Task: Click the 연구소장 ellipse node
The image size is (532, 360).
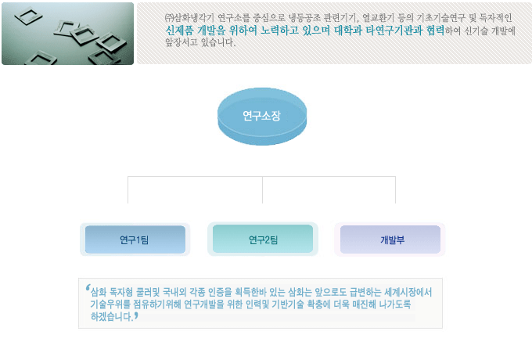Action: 262,117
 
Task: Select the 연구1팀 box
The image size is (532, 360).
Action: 135,239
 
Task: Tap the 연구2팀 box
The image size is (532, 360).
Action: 263,239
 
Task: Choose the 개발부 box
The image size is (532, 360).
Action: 390,239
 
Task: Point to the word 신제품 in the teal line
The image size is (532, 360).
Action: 179,31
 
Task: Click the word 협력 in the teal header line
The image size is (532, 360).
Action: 435,31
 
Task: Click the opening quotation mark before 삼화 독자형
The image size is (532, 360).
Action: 88,288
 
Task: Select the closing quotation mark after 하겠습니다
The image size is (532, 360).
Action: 136,316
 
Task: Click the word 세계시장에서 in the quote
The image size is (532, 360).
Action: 408,292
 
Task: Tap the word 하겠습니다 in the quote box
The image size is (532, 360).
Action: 111,317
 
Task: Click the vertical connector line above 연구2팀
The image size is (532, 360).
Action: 262,189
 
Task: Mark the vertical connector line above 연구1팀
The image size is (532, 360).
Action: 128,189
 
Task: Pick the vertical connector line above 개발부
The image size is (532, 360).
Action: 395,189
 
